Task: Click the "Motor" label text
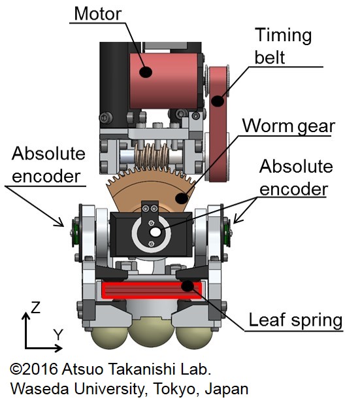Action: pos(98,14)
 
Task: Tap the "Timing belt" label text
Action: pos(283,46)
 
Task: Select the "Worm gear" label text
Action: pos(289,127)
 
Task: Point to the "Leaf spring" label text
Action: pos(295,320)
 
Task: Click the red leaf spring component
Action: pos(152,290)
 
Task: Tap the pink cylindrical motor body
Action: pos(164,81)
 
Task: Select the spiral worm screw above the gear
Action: pos(152,157)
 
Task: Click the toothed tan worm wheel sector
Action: pos(151,191)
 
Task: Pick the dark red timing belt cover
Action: pos(218,124)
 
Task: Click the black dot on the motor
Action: pos(146,71)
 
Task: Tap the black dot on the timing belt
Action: pos(218,101)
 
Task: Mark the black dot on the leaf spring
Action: pos(188,286)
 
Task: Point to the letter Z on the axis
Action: pos(35,307)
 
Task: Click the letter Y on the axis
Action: pos(59,335)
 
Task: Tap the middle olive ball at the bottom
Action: pos(152,332)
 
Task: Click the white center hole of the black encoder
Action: pos(155,232)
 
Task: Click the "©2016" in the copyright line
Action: pos(34,369)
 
